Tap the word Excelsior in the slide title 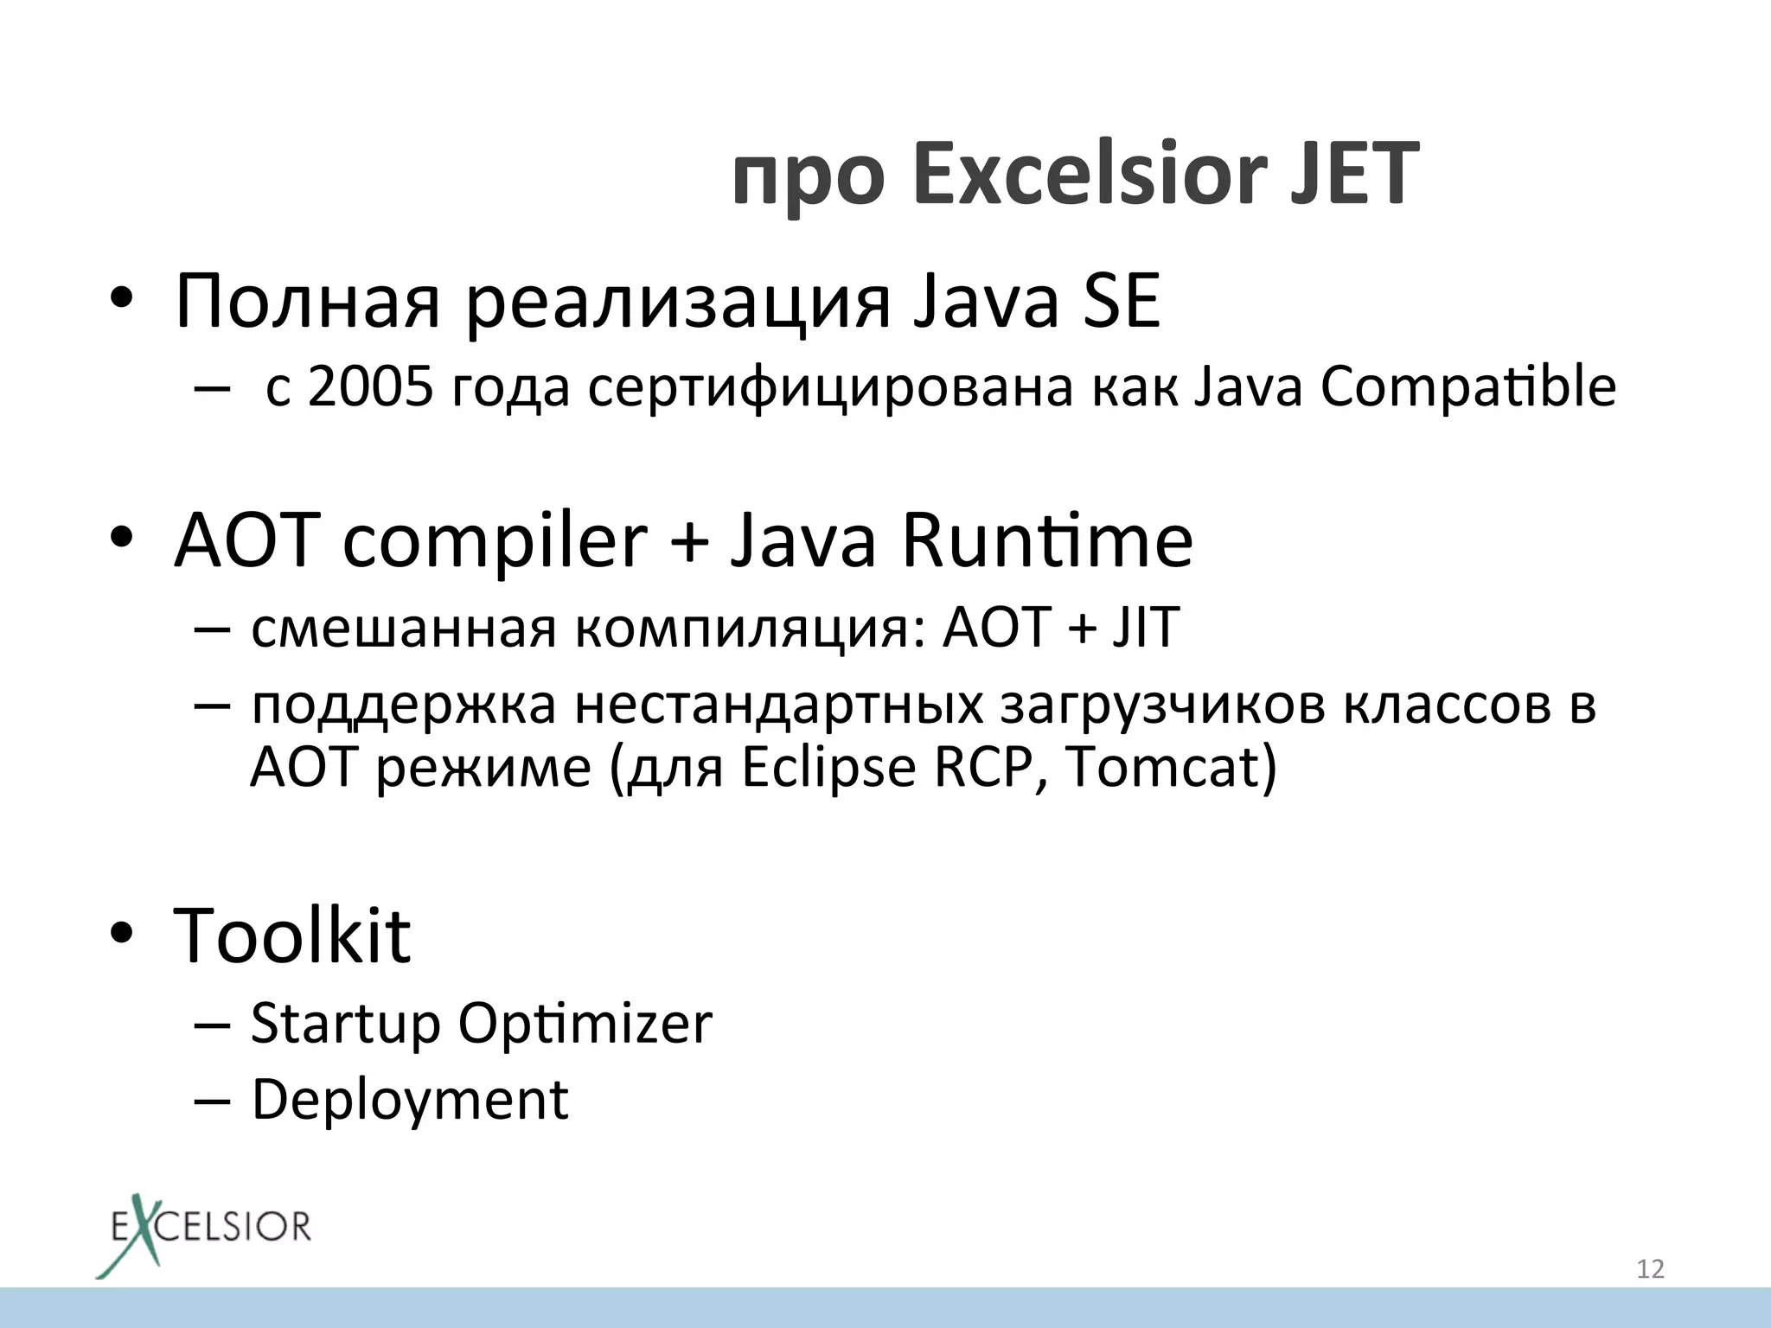[1090, 174]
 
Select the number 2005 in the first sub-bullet [369, 386]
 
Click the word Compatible [1467, 386]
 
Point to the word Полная [307, 302]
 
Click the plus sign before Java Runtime [689, 543]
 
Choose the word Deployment [410, 1101]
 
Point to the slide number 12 [1650, 1269]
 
